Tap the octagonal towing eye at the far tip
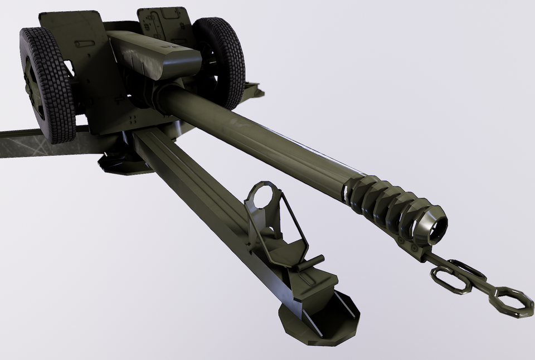510,302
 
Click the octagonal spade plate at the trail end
320,318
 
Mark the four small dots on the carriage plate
133,120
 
